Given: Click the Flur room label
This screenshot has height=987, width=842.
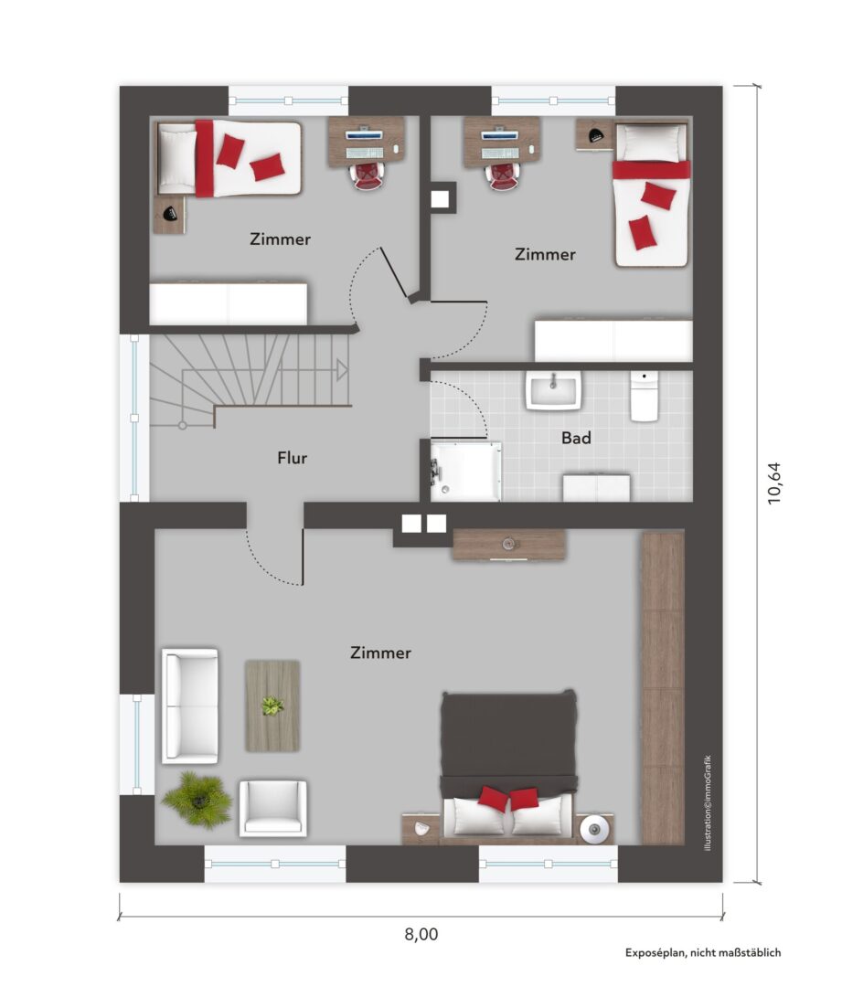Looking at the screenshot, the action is (x=293, y=458).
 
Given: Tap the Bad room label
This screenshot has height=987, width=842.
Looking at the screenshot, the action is (x=576, y=438).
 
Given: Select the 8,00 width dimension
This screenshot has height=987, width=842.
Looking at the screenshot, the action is (x=421, y=934).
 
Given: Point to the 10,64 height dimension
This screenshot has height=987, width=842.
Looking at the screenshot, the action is (x=774, y=483).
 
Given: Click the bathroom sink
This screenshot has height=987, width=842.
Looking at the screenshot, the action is (x=554, y=390).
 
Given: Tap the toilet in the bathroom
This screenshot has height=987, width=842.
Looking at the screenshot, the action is (x=645, y=396).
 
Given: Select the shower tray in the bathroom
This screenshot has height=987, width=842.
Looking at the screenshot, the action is (x=466, y=471).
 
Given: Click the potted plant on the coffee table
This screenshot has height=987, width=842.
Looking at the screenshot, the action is (x=272, y=706).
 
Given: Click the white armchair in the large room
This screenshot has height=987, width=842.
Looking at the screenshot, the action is (x=272, y=808).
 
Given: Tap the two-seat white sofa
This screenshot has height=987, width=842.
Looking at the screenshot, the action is (x=190, y=706).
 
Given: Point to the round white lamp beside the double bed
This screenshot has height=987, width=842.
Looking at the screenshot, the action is (x=594, y=828).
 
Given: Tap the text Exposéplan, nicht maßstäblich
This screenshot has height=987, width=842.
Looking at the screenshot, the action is (x=703, y=952).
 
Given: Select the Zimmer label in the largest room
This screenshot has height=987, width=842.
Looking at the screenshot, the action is (x=380, y=653).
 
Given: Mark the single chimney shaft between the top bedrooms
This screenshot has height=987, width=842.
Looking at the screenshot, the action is (x=440, y=199).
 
